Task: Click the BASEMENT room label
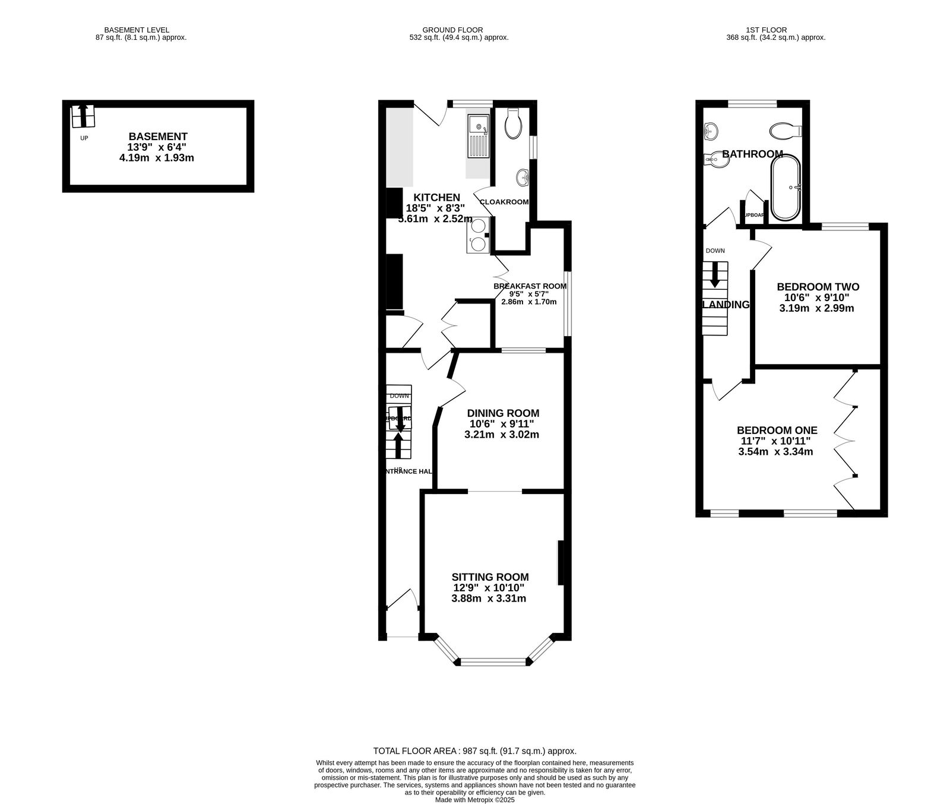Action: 158,137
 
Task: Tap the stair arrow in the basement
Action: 83,115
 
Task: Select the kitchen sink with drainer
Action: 478,136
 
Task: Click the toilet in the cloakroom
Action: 512,124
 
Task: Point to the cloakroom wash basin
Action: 523,176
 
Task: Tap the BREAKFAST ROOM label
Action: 530,286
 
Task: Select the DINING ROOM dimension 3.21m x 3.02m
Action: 502,435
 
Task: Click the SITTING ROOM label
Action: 490,577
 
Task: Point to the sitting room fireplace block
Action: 560,562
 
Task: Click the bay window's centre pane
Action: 492,661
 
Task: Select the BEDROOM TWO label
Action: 818,287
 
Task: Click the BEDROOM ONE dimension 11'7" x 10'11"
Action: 775,441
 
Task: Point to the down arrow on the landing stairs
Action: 715,276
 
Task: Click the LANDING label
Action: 726,305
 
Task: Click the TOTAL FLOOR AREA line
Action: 474,751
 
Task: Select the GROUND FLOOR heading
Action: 452,30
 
